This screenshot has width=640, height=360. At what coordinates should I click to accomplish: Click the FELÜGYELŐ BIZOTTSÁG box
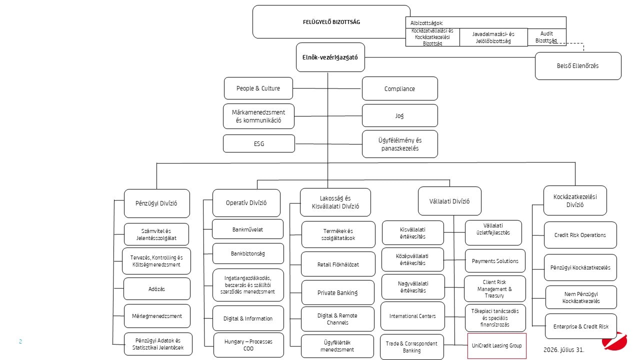tap(331, 21)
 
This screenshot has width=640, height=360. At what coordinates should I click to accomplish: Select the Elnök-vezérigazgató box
tap(330, 57)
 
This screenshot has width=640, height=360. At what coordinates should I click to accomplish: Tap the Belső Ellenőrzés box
tap(578, 65)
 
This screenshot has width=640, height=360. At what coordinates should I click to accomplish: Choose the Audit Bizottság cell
tap(546, 37)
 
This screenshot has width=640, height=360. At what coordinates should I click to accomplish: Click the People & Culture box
tap(258, 88)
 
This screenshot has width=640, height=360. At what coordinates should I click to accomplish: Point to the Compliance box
tap(399, 88)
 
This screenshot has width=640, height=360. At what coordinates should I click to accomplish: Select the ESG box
tap(259, 143)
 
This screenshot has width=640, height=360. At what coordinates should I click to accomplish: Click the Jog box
tap(399, 115)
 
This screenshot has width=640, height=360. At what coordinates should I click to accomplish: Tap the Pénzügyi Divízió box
tap(157, 203)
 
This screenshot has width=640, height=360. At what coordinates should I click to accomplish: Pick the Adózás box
tap(157, 288)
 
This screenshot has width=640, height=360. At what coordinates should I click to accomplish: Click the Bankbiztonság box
tap(248, 253)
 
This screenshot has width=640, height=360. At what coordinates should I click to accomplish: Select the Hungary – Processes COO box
tap(248, 345)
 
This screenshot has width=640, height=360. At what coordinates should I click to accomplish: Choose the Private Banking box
tap(337, 292)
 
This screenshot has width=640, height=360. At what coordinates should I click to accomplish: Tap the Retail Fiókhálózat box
tap(338, 264)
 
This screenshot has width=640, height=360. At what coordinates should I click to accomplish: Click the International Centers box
tap(412, 316)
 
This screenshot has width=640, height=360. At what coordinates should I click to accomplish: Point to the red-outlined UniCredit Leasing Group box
tap(497, 345)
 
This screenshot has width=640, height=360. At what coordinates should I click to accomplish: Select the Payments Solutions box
tap(495, 261)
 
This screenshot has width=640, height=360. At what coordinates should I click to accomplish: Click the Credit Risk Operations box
tap(580, 235)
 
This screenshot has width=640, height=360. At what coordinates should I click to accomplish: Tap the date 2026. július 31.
tap(563, 349)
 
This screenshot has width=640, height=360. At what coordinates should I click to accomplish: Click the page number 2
tap(20, 341)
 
